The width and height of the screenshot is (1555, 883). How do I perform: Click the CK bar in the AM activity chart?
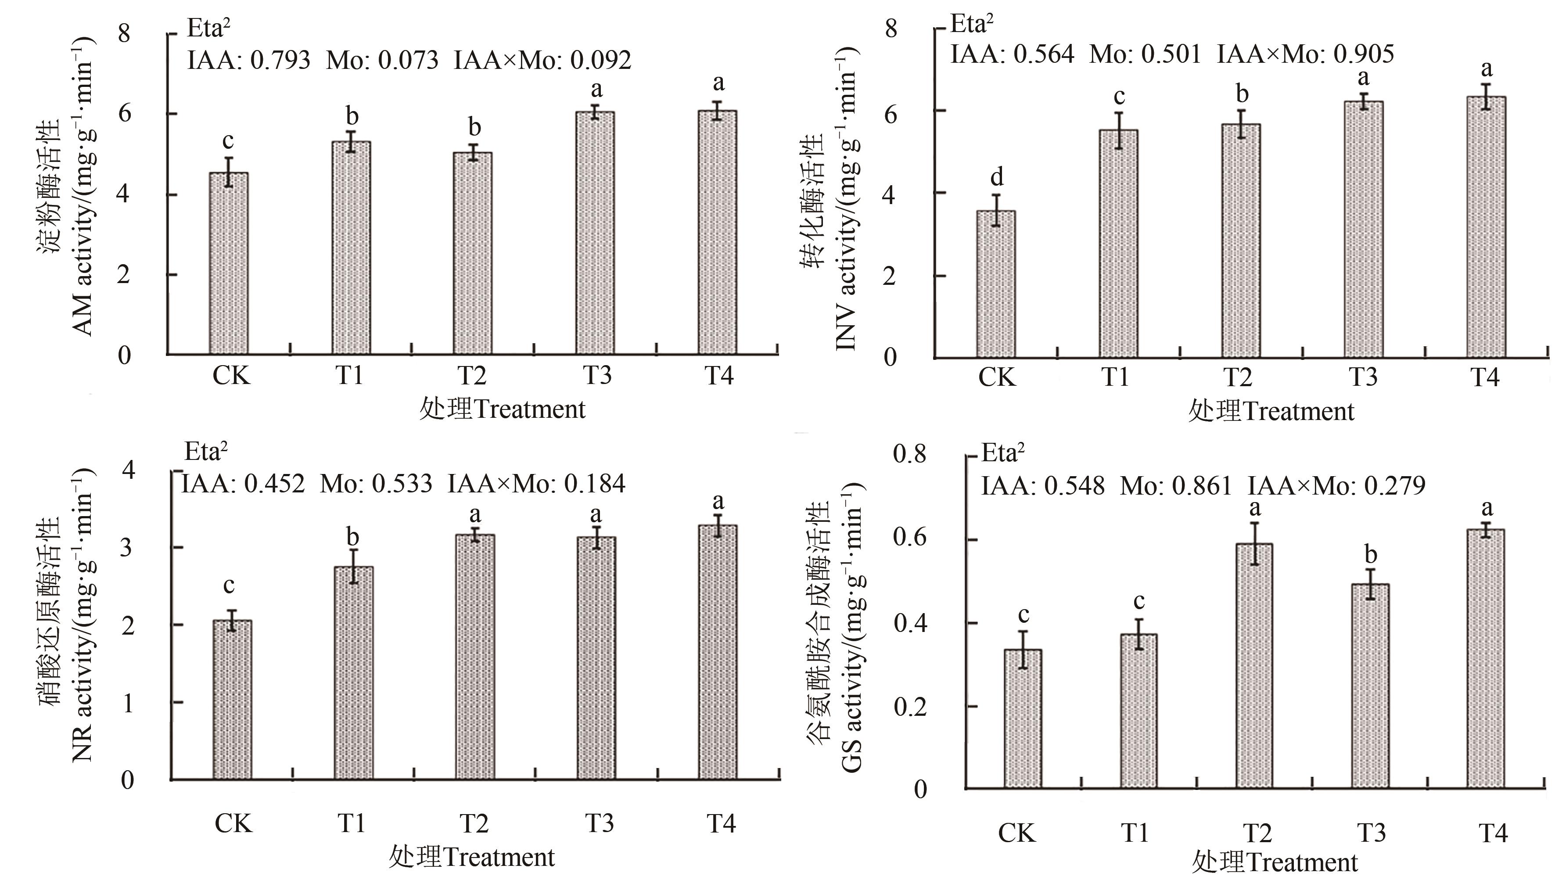tap(229, 264)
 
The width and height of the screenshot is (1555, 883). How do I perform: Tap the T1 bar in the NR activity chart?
tap(353, 673)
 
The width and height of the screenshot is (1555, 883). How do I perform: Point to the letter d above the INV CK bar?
tap(996, 178)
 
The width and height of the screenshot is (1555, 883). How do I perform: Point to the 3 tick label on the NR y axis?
tap(127, 548)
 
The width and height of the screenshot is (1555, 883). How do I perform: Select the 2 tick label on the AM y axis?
tap(124, 275)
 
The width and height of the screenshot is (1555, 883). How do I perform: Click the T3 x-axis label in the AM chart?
tap(597, 376)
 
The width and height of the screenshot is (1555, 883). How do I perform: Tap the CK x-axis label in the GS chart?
tap(1016, 833)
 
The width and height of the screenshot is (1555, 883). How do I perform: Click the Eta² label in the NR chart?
tap(206, 452)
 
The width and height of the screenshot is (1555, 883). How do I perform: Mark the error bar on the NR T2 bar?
tap(475, 534)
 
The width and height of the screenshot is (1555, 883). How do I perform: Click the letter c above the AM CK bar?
tap(228, 141)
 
